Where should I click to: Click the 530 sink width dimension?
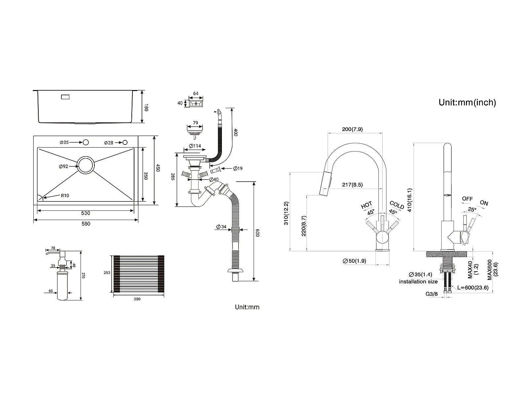coord(86,213)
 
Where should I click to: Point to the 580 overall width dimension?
coord(86,224)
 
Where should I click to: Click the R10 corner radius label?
coord(65,196)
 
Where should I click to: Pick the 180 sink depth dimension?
coord(146,108)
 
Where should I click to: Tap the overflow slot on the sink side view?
coord(65,97)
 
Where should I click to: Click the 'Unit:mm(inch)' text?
coord(467,103)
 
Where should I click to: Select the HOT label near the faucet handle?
coord(367,205)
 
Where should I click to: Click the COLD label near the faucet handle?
coord(397,205)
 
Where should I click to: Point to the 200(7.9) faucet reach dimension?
coord(352,129)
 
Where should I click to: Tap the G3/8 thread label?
coord(432,294)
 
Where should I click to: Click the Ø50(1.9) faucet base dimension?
coord(354,261)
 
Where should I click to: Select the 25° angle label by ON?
coord(472,209)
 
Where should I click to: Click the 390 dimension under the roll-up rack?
coord(137,299)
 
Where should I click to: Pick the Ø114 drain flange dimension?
coord(195,146)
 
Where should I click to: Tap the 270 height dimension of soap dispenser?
coord(83,276)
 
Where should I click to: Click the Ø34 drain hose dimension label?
coord(221,227)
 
